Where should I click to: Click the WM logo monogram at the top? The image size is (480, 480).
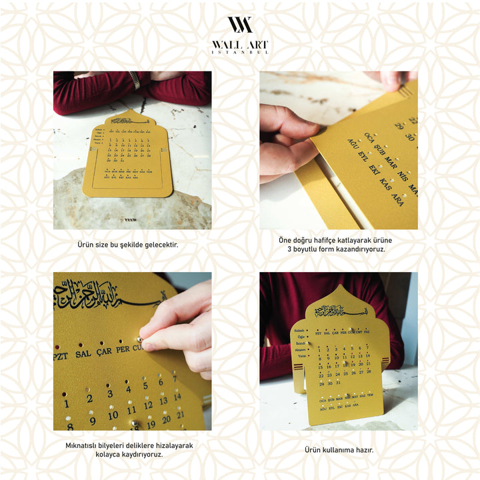pos(240,25)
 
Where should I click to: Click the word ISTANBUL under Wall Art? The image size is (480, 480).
pos(240,52)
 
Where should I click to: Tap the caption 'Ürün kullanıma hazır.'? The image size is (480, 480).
pos(339,450)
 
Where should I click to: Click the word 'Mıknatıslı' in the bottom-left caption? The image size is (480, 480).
pos(84,445)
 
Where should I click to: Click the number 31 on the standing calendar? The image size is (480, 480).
pos(339,383)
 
